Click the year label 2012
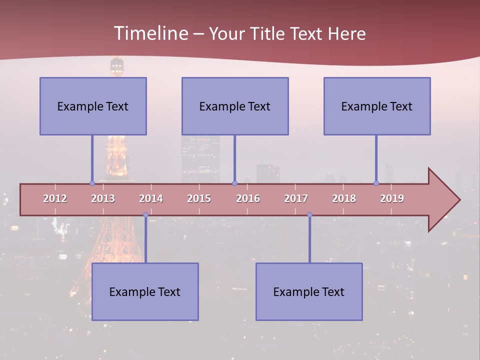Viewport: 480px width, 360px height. [x=55, y=198]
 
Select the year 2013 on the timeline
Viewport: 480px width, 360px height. [x=103, y=198]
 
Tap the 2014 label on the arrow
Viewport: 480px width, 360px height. [x=151, y=198]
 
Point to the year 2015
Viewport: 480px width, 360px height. [x=199, y=198]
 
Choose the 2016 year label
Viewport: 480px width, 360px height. [x=248, y=198]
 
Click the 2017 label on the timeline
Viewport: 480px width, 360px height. [x=296, y=198]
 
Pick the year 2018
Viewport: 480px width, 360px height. [x=344, y=198]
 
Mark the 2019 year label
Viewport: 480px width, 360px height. [x=392, y=198]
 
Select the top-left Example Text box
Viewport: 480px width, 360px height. [x=93, y=106]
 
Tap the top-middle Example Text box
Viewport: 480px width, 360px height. [x=235, y=106]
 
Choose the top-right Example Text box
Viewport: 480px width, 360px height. [x=377, y=106]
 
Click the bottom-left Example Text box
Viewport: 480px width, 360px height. [x=145, y=291]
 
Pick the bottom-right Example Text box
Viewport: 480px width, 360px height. [x=309, y=291]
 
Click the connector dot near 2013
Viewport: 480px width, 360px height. [x=92, y=183]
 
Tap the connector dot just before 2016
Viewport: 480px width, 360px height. [x=234, y=183]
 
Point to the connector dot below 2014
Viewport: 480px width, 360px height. [x=145, y=215]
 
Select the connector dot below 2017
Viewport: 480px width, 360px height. [x=309, y=215]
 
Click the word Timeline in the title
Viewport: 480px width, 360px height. [x=150, y=33]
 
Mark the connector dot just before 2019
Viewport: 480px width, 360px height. [x=376, y=183]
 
